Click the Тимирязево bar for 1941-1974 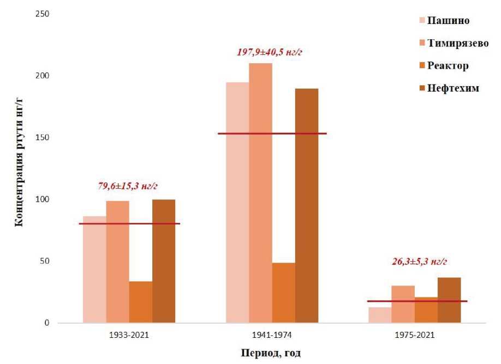(260, 193)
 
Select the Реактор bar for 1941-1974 (283, 293)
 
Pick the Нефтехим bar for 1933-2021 (164, 261)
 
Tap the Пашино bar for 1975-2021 (379, 315)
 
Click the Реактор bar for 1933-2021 (140, 302)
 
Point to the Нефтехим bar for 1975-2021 (449, 300)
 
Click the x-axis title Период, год (271, 352)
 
